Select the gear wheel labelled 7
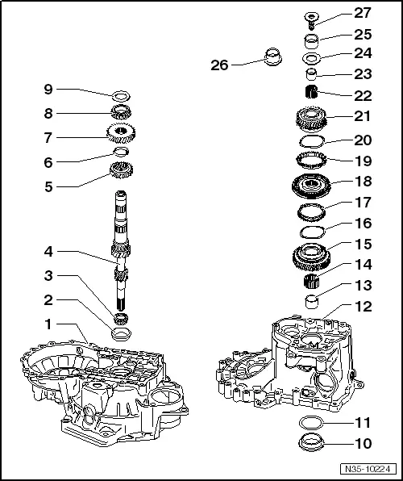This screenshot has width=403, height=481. [x=119, y=132]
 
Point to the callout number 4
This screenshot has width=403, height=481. [x=48, y=252]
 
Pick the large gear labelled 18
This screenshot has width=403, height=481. [x=311, y=182]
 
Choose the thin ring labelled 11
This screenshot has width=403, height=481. [x=311, y=422]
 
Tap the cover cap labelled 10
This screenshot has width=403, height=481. [x=311, y=441]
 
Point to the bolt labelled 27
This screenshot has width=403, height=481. [x=311, y=16]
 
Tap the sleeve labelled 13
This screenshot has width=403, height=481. [x=311, y=304]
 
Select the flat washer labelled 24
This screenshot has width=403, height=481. [x=311, y=58]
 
